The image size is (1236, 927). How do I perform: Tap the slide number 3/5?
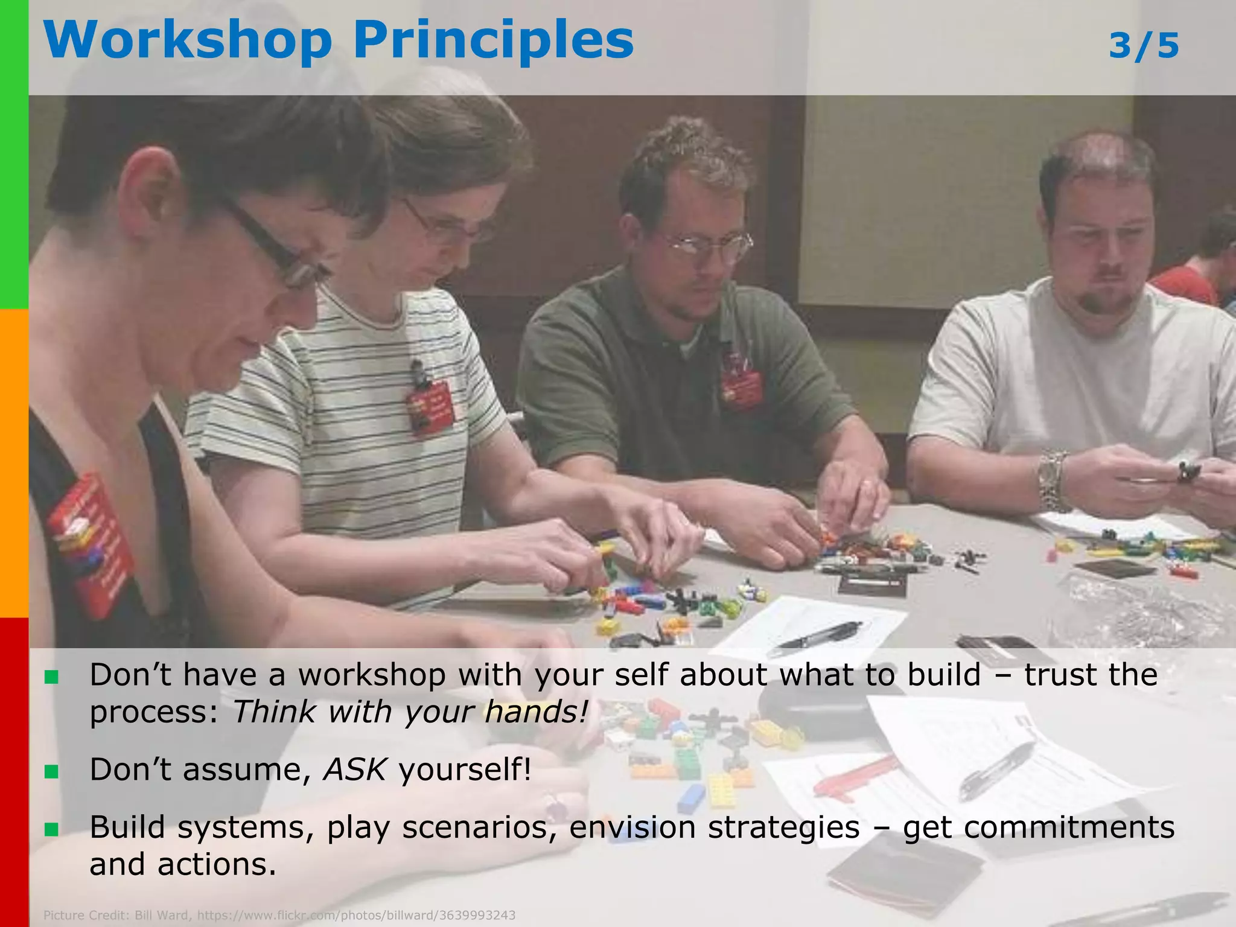tap(1144, 46)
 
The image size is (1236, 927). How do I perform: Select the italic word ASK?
tap(355, 769)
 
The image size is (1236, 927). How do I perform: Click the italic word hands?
tap(536, 712)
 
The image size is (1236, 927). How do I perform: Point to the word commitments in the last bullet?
tap(1039, 827)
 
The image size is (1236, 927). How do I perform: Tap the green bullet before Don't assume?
tap(51, 771)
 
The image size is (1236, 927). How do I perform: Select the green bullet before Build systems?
tap(51, 829)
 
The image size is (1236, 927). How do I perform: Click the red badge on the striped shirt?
tap(430, 406)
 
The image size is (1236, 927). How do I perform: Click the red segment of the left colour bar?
tap(14, 772)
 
